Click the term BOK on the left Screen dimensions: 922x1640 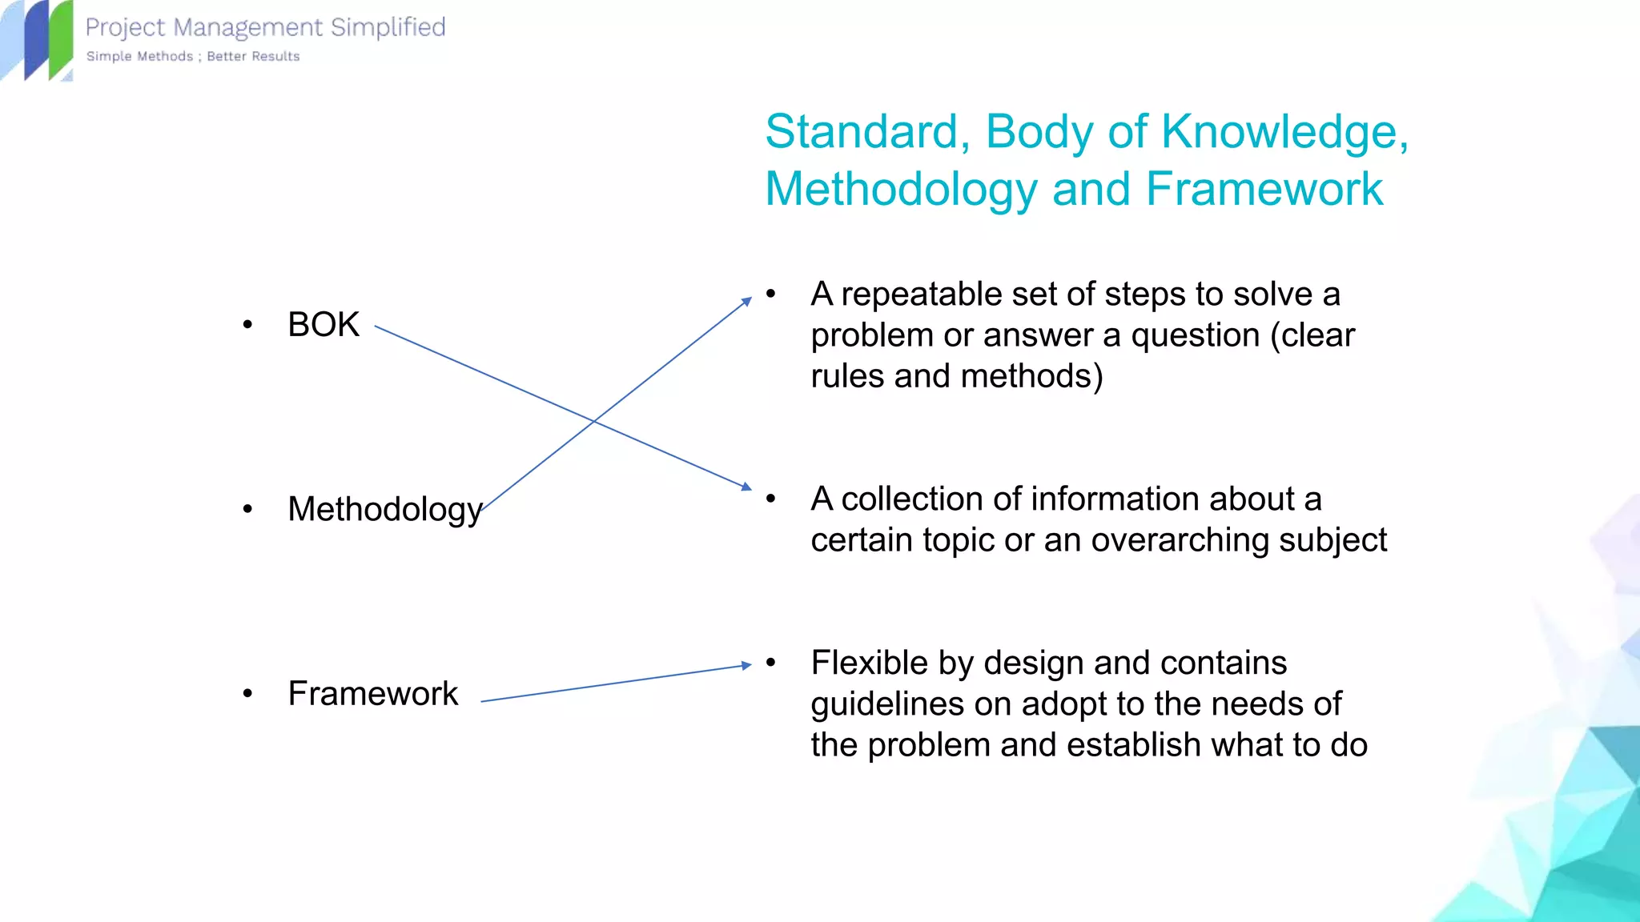pos(324,325)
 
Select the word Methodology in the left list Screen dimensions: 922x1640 pos(384,509)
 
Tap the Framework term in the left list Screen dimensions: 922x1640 pos(372,693)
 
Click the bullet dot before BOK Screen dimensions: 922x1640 pos(247,325)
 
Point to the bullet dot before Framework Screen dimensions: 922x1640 pos(247,693)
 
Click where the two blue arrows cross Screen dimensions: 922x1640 pos(593,420)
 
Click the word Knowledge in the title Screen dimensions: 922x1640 pos(1280,131)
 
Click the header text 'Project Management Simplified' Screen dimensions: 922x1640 pos(265,27)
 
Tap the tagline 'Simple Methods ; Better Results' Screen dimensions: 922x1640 pos(193,56)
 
